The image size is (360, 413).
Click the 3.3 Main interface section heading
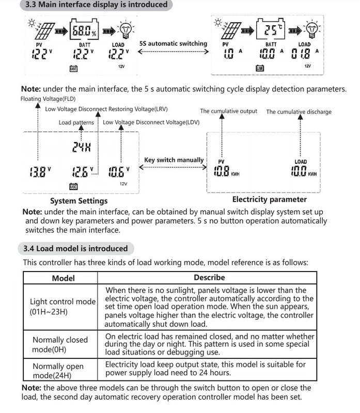(x=96, y=5)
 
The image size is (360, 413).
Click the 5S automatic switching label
(x=173, y=44)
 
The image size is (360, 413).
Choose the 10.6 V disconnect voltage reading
(x=118, y=171)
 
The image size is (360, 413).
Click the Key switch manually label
(x=174, y=160)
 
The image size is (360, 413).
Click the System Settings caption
(x=79, y=201)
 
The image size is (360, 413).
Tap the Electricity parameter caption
(x=269, y=199)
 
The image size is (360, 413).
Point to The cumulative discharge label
(x=299, y=112)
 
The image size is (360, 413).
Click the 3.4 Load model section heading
(x=75, y=248)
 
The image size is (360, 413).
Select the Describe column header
(x=209, y=278)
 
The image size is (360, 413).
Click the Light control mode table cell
(x=63, y=307)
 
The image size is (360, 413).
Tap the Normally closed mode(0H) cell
(x=60, y=344)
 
